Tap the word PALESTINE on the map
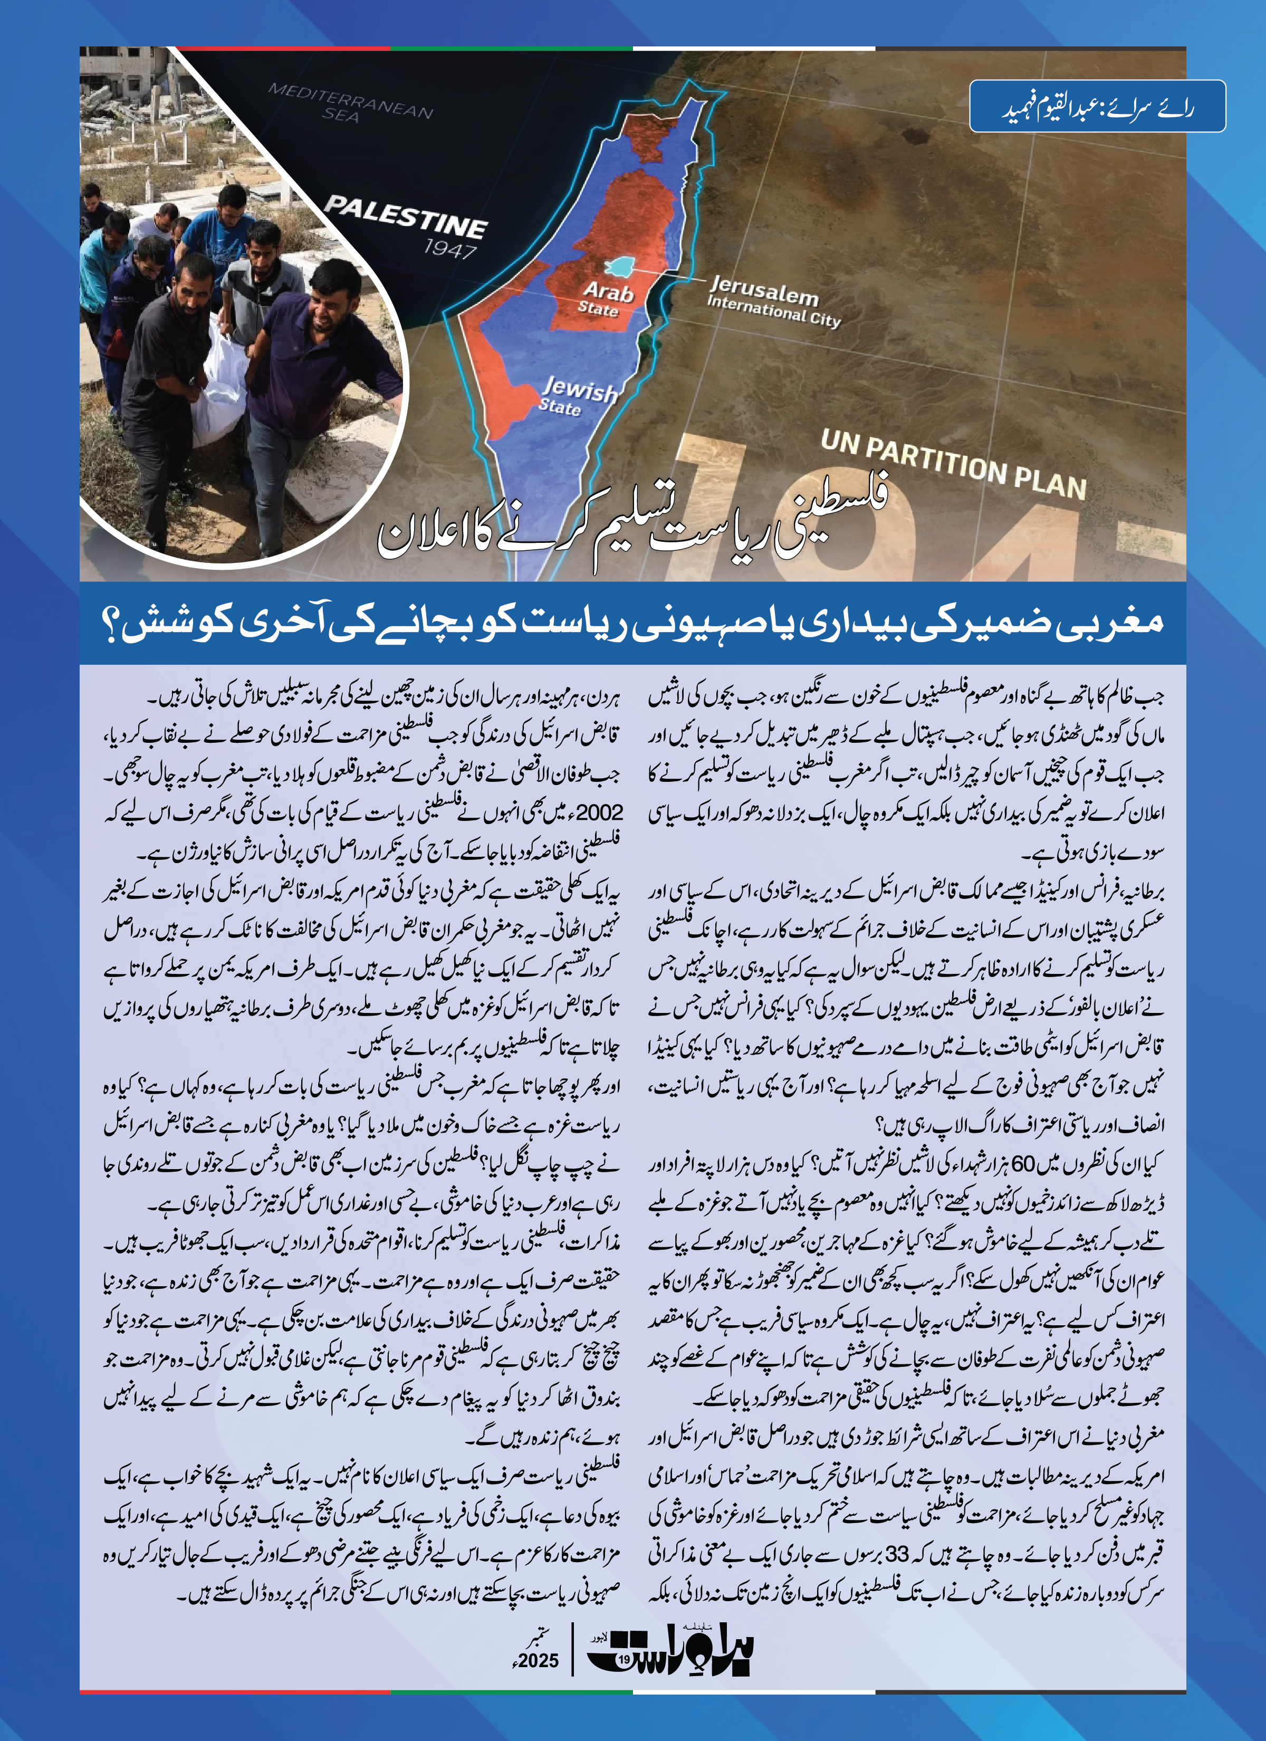pos(405,216)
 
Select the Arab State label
pos(607,299)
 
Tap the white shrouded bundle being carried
pos(219,391)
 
